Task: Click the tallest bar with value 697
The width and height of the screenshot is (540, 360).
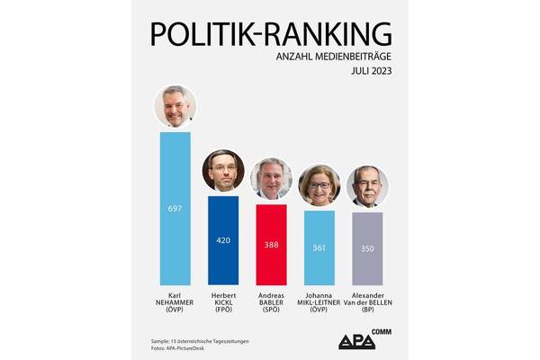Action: point(175,208)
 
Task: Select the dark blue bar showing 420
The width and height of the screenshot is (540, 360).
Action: point(223,239)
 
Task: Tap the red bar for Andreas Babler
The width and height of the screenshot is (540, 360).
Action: point(271,244)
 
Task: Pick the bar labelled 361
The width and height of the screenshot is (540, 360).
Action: point(319,247)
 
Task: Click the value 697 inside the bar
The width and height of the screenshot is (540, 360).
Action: point(175,209)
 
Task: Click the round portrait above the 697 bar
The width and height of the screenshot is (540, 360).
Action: point(175,107)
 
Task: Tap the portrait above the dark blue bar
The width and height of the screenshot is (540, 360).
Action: point(223,171)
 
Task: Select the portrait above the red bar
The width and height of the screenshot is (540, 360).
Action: point(271,178)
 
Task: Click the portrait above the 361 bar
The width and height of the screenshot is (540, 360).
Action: point(319,184)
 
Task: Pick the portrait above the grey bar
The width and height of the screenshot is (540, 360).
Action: point(367,186)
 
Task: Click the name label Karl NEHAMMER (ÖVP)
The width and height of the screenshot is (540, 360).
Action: point(175,304)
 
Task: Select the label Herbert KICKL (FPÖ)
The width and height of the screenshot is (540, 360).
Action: point(223,304)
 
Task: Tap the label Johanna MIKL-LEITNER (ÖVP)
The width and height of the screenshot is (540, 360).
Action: point(319,304)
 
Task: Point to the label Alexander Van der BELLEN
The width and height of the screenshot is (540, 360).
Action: point(367,304)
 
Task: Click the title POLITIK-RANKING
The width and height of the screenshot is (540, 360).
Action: point(271,33)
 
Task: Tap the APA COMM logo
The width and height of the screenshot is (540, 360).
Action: point(362,339)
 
